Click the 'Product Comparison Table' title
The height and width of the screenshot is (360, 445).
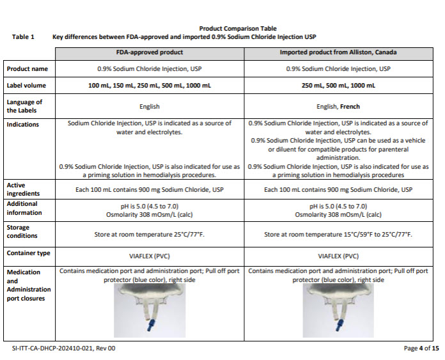222,29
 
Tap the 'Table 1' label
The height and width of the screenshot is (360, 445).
24,37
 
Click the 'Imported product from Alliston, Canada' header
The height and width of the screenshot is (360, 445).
339,52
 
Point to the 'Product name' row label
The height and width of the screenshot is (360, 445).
27,68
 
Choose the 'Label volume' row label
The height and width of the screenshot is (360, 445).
27,85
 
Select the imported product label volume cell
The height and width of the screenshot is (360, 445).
339,85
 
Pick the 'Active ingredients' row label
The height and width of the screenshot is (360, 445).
24,189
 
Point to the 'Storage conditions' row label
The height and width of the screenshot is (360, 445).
23,231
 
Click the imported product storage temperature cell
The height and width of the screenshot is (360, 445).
339,235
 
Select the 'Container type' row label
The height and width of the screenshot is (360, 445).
28,253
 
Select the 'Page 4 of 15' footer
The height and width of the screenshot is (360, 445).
421,348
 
